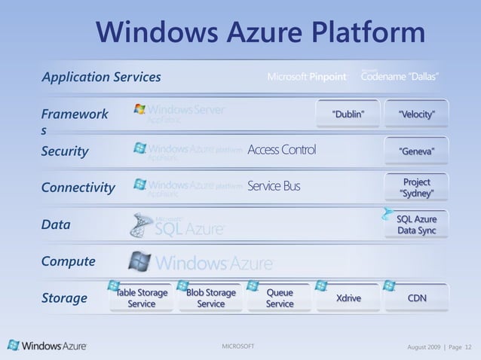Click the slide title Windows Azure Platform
[260, 32]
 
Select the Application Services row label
[101, 77]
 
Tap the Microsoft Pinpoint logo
[307, 77]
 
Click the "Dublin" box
[348, 114]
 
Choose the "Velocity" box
[416, 114]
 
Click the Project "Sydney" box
[416, 188]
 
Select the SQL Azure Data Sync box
[416, 224]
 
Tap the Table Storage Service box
[141, 298]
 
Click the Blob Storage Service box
[210, 298]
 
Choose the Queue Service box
[280, 298]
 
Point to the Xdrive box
[348, 298]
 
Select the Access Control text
[281, 149]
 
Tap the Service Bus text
[273, 186]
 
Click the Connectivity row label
[78, 188]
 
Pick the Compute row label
[68, 261]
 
